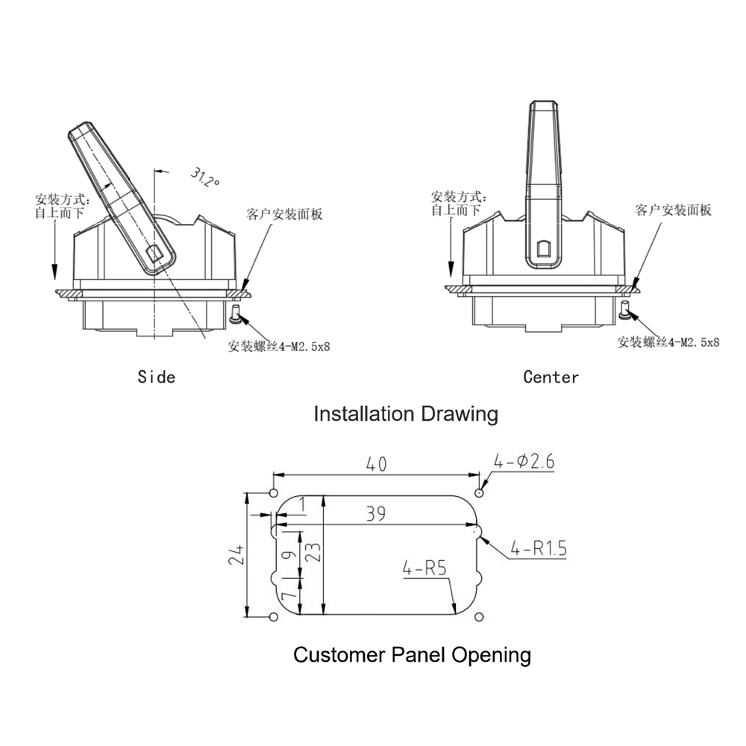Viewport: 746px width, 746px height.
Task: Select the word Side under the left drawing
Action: pyautogui.click(x=157, y=377)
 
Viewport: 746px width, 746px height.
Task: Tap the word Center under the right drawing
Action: pyautogui.click(x=551, y=377)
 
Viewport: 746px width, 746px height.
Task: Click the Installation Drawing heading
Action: pyautogui.click(x=405, y=413)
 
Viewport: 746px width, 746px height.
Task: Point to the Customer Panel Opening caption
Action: pyautogui.click(x=412, y=655)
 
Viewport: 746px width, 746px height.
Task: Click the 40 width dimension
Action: pyautogui.click(x=377, y=464)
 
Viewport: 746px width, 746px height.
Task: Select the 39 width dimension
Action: pyautogui.click(x=377, y=513)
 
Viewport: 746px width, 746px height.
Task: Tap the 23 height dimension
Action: pyautogui.click(x=313, y=552)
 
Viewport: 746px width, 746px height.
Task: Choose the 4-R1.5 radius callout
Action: pyautogui.click(x=539, y=550)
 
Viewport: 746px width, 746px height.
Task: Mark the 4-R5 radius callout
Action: pyautogui.click(x=424, y=568)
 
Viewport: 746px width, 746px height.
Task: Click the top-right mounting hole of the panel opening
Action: pyautogui.click(x=480, y=492)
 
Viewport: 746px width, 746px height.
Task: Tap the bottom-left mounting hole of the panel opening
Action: pyautogui.click(x=273, y=616)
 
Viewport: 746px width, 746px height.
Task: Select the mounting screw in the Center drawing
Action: pyautogui.click(x=625, y=310)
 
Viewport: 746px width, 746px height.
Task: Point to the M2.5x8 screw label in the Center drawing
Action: pyautogui.click(x=668, y=342)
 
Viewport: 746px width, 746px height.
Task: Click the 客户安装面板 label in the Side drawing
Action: pyautogui.click(x=284, y=215)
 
